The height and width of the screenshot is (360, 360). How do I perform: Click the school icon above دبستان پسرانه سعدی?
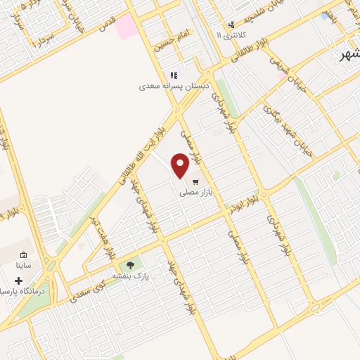(x=173, y=75)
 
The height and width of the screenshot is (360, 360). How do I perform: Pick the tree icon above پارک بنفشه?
(x=130, y=264)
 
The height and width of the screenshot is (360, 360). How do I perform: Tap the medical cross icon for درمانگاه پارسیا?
(x=18, y=281)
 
